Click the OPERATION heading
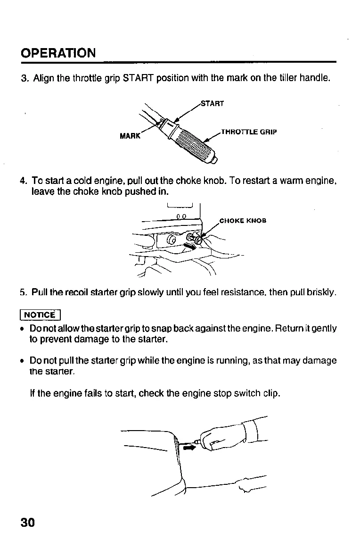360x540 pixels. [58, 52]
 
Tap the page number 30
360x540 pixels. [28, 523]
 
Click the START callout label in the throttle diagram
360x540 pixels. [212, 103]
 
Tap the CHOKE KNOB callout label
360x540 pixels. [243, 221]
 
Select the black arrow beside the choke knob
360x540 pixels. [189, 246]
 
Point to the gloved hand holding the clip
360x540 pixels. [226, 436]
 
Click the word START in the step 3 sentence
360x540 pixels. [138, 78]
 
